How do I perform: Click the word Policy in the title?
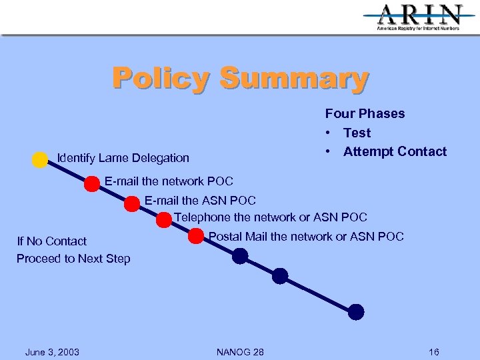(x=161, y=78)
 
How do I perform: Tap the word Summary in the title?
(x=293, y=78)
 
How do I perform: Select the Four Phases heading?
(x=365, y=114)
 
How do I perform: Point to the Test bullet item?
(x=357, y=133)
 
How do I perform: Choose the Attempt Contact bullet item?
(x=395, y=151)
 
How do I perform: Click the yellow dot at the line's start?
(x=40, y=159)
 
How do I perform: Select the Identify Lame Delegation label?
(x=123, y=158)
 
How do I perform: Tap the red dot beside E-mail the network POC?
(x=92, y=184)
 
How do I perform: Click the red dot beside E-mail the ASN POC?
(x=132, y=204)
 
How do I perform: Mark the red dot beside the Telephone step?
(x=164, y=219)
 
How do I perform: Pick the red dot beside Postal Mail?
(x=196, y=236)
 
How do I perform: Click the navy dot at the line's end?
(x=356, y=311)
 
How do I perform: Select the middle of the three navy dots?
(x=280, y=275)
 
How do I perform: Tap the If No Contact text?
(x=52, y=241)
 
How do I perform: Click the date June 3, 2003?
(x=52, y=352)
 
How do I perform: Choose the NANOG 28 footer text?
(x=240, y=352)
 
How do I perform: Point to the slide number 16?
(x=434, y=352)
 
